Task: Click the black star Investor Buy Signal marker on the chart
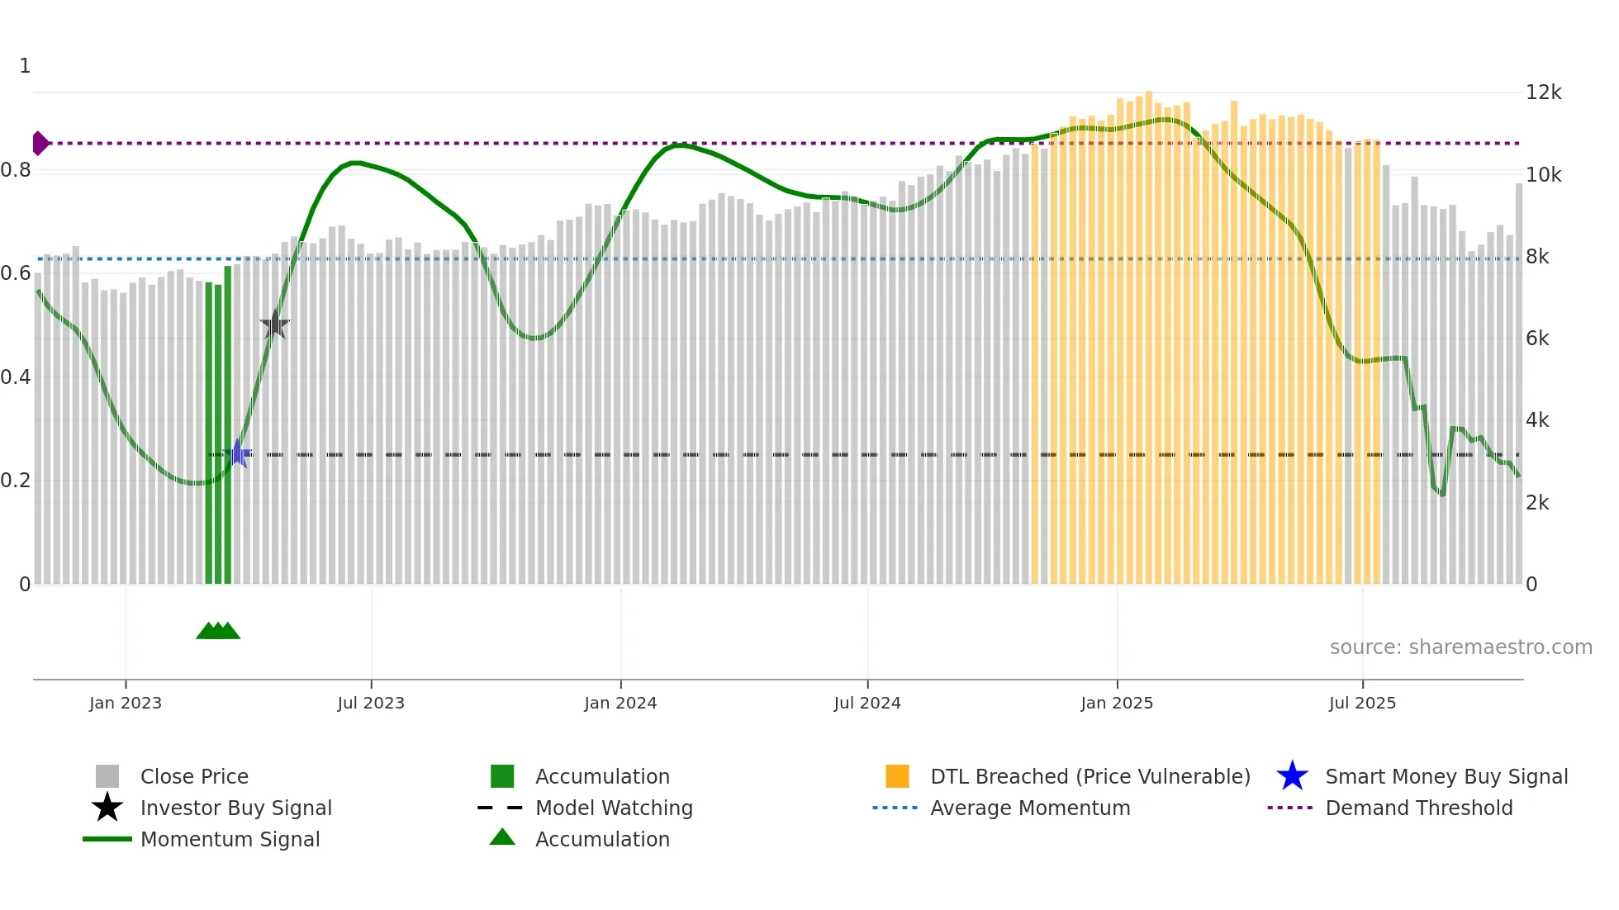[274, 325]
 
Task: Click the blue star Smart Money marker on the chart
[238, 453]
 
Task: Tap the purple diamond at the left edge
[40, 143]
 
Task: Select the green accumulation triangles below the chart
[218, 631]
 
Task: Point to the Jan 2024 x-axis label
[620, 703]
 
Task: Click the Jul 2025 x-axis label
[1362, 703]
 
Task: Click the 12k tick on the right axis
[1543, 92]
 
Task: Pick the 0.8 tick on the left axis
[17, 170]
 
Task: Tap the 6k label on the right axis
[1537, 339]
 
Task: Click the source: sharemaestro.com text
[1460, 647]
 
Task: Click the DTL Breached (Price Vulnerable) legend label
[1090, 776]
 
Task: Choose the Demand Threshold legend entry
[1418, 808]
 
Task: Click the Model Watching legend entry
[614, 808]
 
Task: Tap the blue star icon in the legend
[1292, 776]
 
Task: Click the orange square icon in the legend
[897, 776]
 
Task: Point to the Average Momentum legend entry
[1030, 808]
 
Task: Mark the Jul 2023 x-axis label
[371, 703]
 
